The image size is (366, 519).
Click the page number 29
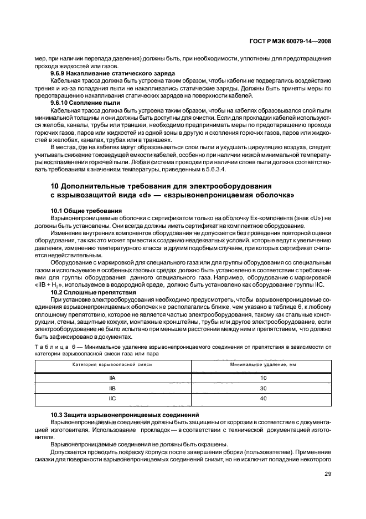327,473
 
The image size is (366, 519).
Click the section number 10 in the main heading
54,185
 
